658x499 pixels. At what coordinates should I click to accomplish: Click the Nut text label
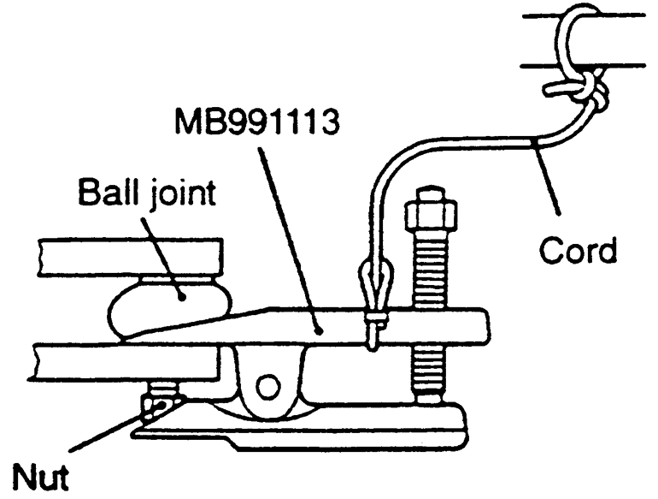click(39, 473)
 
